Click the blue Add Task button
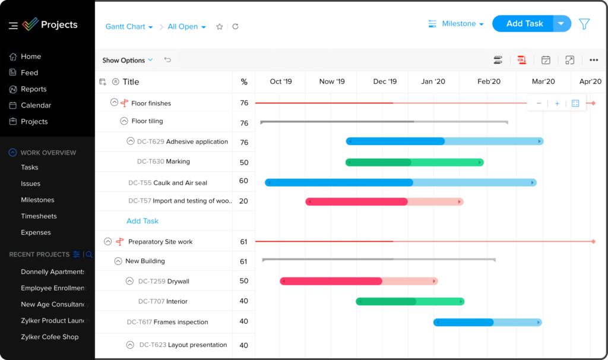pyautogui.click(x=524, y=24)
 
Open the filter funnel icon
pyautogui.click(x=584, y=24)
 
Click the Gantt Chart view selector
pyautogui.click(x=129, y=27)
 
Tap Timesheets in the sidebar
pyautogui.click(x=39, y=216)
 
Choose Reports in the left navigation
pyautogui.click(x=33, y=89)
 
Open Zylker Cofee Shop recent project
pyautogui.click(x=50, y=337)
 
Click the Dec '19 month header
pyautogui.click(x=385, y=81)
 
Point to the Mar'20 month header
pyautogui.click(x=543, y=81)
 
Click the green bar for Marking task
pyautogui.click(x=414, y=162)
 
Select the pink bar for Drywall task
pyautogui.click(x=359, y=281)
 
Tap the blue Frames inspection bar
pyautogui.click(x=487, y=322)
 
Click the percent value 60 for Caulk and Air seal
pyautogui.click(x=243, y=181)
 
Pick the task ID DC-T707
pyautogui.click(x=151, y=301)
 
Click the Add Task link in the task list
pyautogui.click(x=142, y=221)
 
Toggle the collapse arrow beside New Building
pyautogui.click(x=118, y=261)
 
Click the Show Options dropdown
pyautogui.click(x=127, y=60)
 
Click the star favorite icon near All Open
pyautogui.click(x=220, y=27)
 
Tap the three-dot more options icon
pyautogui.click(x=594, y=60)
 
